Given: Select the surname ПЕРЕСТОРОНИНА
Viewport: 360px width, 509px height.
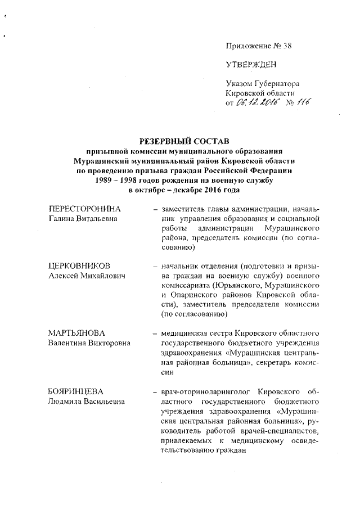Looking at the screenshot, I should [84, 209].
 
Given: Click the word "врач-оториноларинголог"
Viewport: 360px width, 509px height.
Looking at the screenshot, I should [204, 390].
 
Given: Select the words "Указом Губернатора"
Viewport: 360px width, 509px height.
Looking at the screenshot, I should [262, 83].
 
